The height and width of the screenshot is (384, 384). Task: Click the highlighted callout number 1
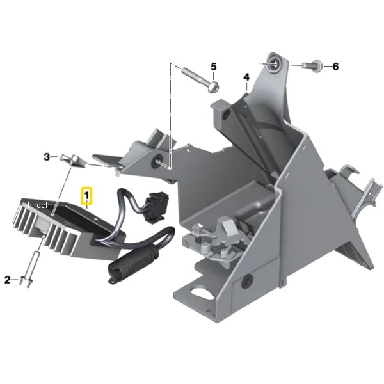point(86,196)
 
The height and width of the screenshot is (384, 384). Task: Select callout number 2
point(8,280)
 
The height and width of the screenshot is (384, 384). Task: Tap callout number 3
point(47,157)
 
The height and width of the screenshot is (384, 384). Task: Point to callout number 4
point(246,77)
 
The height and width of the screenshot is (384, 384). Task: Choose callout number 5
point(214,67)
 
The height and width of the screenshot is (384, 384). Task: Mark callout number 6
point(335,67)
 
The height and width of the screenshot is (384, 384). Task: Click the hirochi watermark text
point(40,205)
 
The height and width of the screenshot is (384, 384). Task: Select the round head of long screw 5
point(213,87)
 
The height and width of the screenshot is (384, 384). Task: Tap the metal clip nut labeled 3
point(73,160)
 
